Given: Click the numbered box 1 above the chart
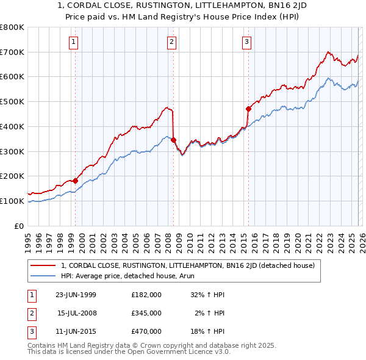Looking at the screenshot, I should pos(73,42).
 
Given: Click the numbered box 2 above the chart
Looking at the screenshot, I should pos(171,42).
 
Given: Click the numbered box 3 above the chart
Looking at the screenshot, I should pos(246,42).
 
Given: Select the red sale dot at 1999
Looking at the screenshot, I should pos(76,181).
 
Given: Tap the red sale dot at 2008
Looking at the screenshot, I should pos(173,140).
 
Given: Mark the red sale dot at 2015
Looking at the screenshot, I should pos(248,109).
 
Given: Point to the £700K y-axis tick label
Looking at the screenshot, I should pos(12,52).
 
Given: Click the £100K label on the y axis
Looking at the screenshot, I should pos(12,201).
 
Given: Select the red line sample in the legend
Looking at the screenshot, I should pos(44,265).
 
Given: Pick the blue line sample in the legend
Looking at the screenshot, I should pos(44,276).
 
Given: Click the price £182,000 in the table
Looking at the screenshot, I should pos(146,294).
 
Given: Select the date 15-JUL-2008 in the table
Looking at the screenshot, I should pos(77,313).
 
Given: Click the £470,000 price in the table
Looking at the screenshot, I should pos(146,331).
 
